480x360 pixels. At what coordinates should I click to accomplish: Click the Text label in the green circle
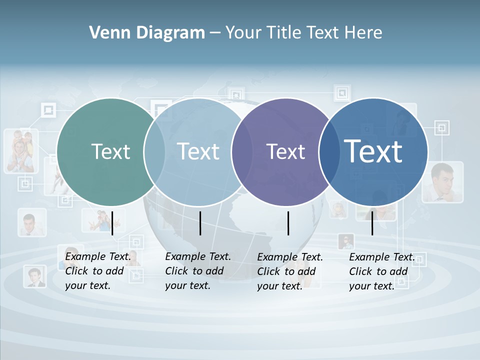(x=110, y=151)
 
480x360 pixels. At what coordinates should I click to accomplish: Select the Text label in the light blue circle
(x=198, y=151)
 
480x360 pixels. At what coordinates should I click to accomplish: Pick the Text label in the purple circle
(x=286, y=151)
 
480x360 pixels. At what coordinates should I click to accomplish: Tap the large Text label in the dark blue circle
(x=373, y=151)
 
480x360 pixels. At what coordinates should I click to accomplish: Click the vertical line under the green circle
(x=112, y=223)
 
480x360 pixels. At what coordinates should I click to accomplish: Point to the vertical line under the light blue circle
(x=200, y=223)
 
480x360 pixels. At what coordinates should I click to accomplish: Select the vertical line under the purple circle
(x=288, y=223)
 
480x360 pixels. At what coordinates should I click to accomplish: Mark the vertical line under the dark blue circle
(x=372, y=223)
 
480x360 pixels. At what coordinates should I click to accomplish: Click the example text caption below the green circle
(x=97, y=271)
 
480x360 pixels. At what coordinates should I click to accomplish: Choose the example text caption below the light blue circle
(x=197, y=271)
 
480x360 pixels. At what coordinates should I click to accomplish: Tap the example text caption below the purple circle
(x=289, y=271)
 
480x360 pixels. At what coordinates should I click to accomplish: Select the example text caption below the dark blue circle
(x=381, y=271)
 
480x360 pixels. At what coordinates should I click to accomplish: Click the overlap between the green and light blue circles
(x=154, y=152)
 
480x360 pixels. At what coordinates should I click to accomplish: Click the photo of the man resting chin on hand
(x=442, y=181)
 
